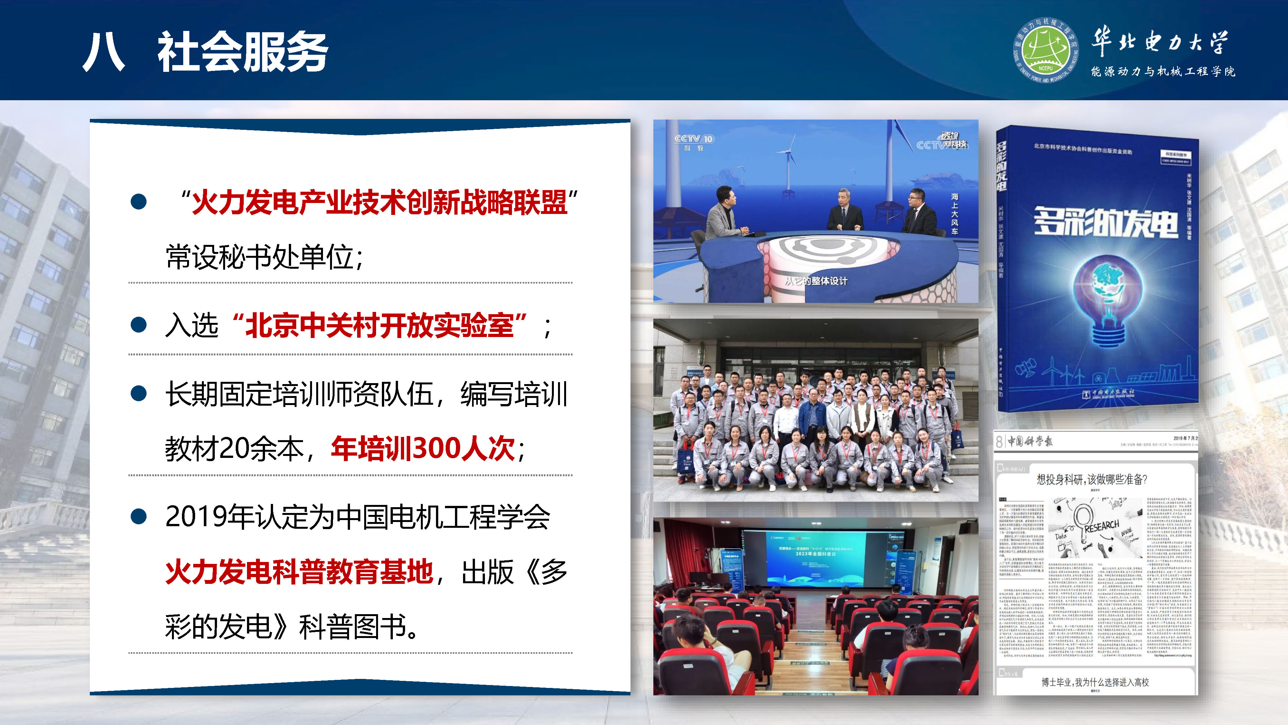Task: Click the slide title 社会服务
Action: [242, 52]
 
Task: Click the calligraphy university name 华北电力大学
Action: [1160, 41]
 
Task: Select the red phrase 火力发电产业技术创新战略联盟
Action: [380, 203]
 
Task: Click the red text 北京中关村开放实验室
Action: [380, 326]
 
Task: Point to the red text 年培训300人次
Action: [422, 448]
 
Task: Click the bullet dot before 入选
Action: [138, 325]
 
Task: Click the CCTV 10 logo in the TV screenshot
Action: [694, 140]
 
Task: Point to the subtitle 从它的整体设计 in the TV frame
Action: [816, 281]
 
